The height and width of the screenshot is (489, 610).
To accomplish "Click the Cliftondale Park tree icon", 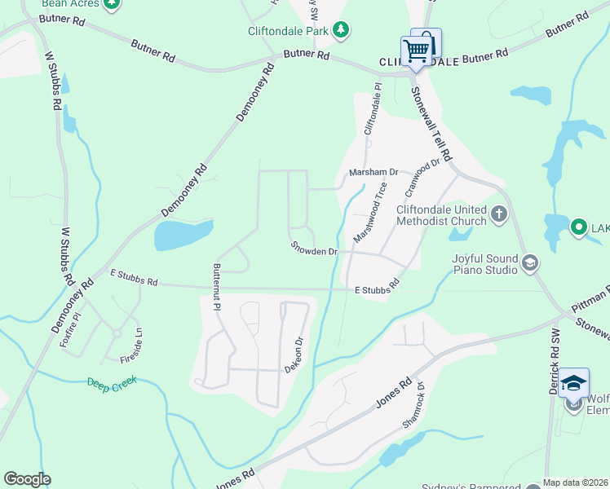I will point(341,31).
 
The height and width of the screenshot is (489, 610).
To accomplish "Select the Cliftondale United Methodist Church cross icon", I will point(498,215).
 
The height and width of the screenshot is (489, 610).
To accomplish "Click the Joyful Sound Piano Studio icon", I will point(530,262).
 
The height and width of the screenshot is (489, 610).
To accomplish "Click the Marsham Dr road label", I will point(373,173).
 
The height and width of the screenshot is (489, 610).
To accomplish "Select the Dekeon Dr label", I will point(295,355).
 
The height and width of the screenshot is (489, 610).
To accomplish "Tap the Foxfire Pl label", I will point(70,330).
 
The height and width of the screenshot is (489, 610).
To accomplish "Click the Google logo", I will point(27,479).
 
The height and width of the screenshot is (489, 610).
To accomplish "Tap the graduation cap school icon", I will point(574,383).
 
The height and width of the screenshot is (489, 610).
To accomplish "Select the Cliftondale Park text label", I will point(289,31).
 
